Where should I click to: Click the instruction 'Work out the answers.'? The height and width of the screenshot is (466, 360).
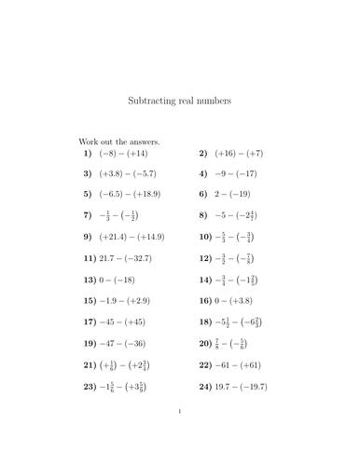120,141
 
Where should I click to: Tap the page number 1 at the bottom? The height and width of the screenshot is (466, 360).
180,435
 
